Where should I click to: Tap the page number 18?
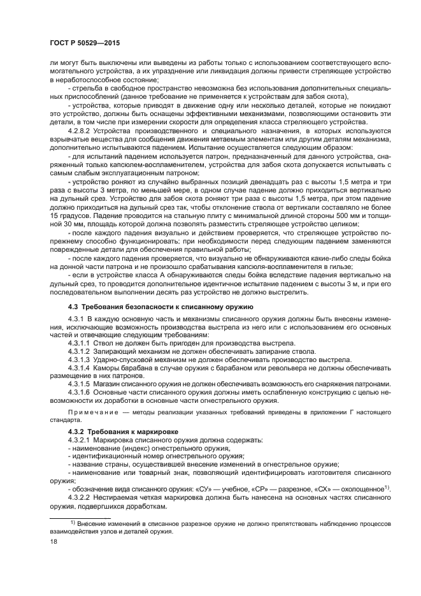click(x=54, y=543)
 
